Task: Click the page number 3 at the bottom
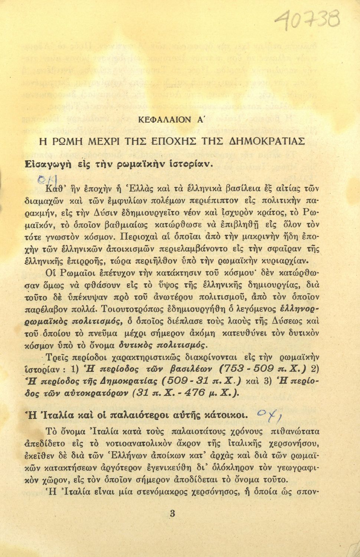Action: [x=172, y=514]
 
